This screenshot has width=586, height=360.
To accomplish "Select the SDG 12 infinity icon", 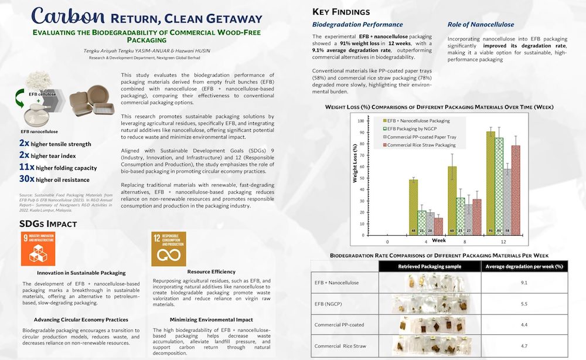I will coord(168,249).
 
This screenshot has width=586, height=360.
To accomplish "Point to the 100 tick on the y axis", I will coord(360,121).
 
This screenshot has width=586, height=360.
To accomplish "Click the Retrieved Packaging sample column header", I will coord(430,266).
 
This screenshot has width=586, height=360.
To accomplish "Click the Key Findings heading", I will coord(341,11).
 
